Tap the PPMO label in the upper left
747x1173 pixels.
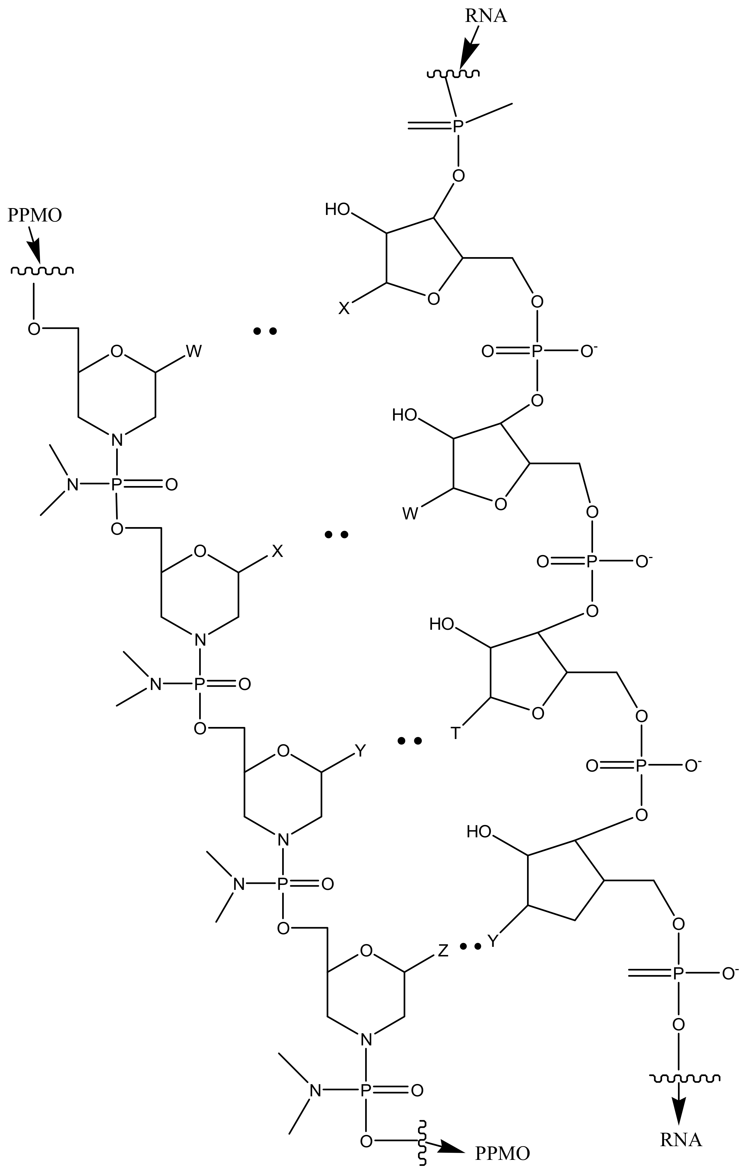(x=35, y=215)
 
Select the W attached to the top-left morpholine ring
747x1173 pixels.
(x=193, y=351)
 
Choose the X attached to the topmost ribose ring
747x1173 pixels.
(x=344, y=308)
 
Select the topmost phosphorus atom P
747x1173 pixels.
(x=457, y=127)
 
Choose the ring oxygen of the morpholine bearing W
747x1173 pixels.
(x=116, y=351)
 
